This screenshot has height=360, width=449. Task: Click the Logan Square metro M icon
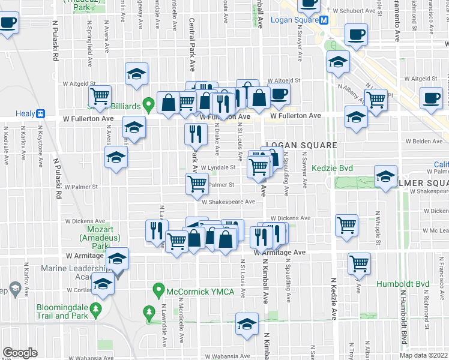point(324,19)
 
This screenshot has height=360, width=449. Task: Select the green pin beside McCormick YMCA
point(159,290)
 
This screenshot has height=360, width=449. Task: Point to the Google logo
point(20,352)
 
